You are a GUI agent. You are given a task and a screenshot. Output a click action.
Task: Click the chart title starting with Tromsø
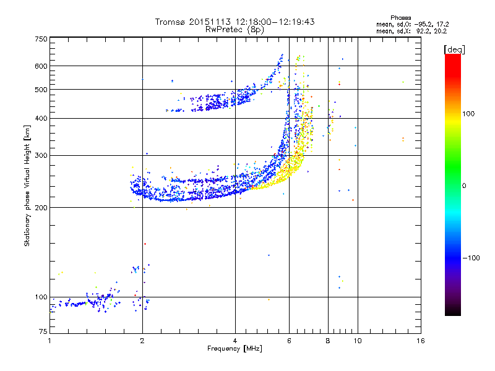(x=235, y=22)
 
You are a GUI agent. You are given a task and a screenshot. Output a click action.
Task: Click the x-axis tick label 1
(x=49, y=341)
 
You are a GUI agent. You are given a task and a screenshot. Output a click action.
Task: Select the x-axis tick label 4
(x=235, y=341)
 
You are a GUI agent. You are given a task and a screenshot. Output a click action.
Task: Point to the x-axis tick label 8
(x=328, y=341)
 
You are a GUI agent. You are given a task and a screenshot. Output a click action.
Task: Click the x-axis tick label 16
(x=420, y=341)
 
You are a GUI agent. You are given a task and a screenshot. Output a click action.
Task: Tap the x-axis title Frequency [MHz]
(x=234, y=349)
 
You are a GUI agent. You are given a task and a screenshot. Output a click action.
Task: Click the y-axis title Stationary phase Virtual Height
(x=27, y=185)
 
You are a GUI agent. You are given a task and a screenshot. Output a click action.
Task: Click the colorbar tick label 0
(x=465, y=185)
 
